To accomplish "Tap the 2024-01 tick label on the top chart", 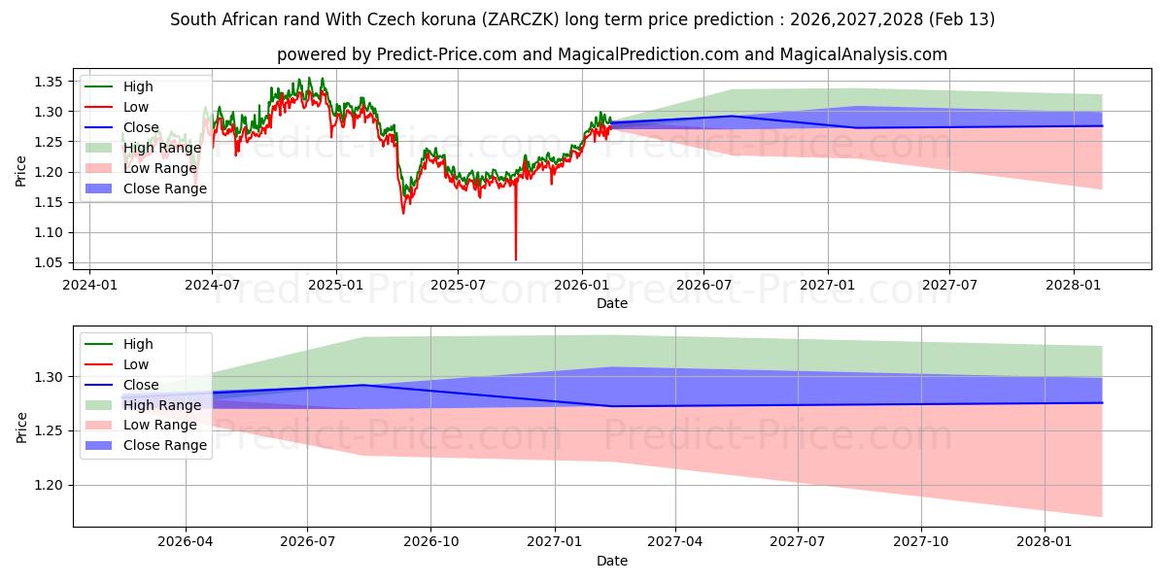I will tap(89, 286).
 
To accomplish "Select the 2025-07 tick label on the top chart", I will tap(458, 286).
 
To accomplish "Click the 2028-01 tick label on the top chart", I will tap(1073, 286).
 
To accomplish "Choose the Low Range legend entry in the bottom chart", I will tap(160, 425).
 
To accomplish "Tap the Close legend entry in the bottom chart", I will tap(140, 385).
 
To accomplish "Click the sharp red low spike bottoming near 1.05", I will tap(515, 257).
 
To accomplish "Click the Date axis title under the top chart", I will tap(612, 303).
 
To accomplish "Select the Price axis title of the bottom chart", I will tap(21, 426).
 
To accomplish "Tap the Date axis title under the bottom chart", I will tap(612, 561).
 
